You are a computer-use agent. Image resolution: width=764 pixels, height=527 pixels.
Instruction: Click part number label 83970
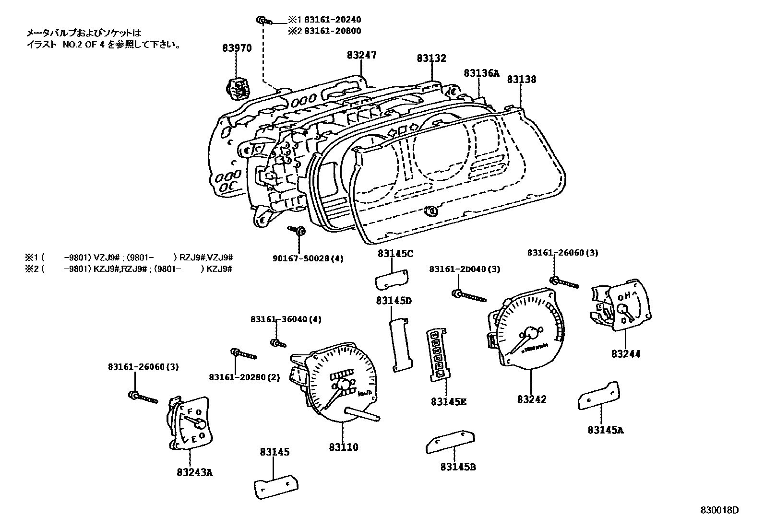237,48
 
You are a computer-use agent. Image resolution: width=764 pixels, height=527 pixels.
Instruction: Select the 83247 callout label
362,55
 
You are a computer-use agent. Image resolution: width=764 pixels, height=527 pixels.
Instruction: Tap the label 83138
522,80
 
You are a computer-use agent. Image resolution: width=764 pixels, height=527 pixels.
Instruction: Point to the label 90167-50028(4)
315,258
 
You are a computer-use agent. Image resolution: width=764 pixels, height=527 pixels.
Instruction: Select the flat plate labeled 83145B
450,442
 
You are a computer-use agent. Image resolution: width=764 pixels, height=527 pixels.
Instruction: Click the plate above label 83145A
598,395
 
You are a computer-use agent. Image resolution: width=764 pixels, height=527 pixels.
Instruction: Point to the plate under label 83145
275,486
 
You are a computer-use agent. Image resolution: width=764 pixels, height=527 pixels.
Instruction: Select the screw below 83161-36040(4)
278,343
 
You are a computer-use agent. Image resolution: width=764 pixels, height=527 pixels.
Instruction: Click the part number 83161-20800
332,31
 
